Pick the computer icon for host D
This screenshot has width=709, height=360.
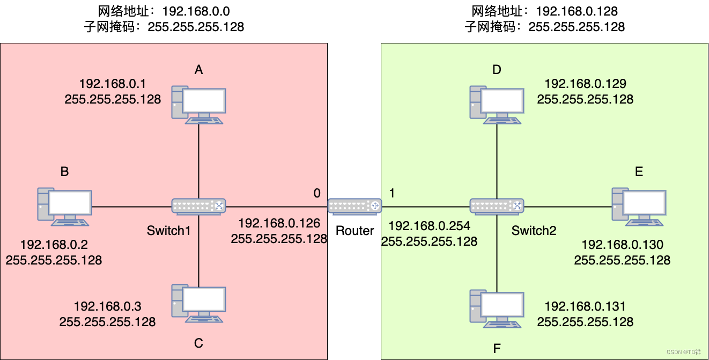click(497, 105)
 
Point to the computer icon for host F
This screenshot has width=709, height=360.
click(497, 308)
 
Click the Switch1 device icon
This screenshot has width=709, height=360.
click(198, 207)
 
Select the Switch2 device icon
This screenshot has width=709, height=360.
click(497, 207)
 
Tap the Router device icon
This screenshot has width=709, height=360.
click(354, 207)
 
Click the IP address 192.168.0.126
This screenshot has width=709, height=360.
click(279, 223)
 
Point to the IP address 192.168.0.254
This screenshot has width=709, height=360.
click(429, 226)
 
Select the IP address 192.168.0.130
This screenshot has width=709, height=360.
click(622, 245)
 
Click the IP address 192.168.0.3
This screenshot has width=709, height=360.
click(107, 306)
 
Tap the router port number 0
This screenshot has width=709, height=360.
click(317, 193)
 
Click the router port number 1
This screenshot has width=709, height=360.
click(392, 193)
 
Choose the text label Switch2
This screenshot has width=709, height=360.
click(534, 231)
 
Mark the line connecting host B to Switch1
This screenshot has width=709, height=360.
click(131, 207)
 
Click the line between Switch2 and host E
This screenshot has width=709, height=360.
click(568, 207)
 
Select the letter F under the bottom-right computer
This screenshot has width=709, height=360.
click(497, 349)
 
